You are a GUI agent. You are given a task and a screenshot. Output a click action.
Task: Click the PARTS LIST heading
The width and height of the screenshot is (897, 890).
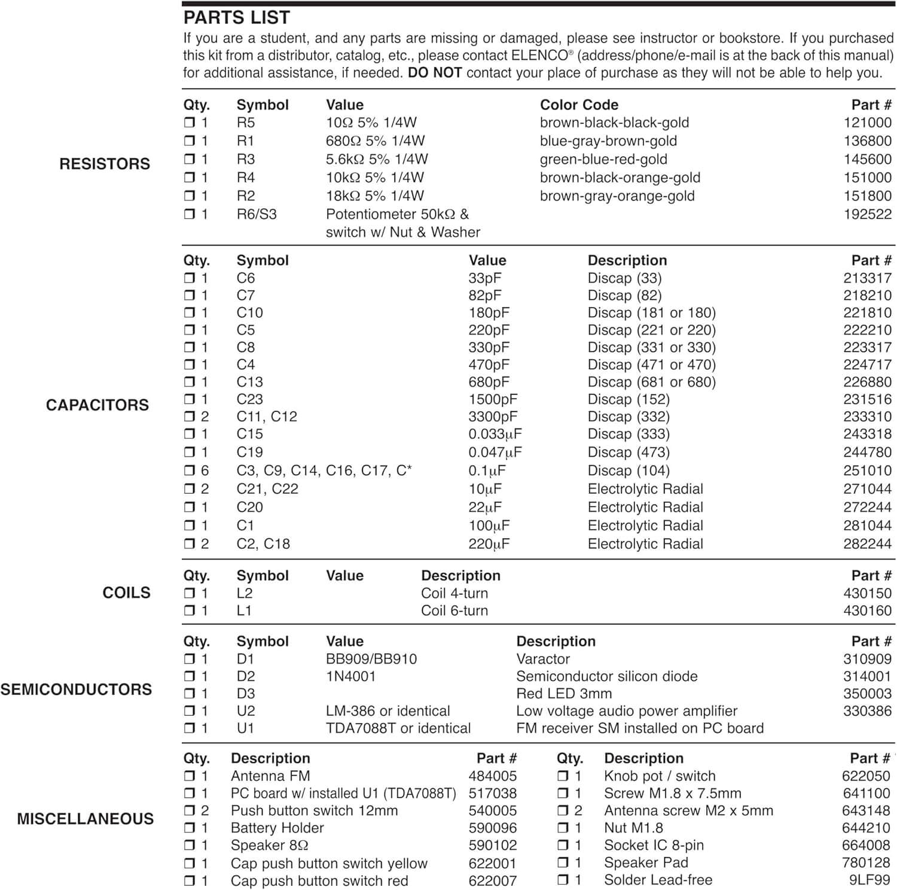coord(236,18)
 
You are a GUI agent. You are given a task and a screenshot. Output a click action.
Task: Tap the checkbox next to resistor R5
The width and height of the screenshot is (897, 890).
coord(190,123)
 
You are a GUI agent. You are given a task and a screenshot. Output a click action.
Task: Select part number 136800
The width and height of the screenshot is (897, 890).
coord(867,141)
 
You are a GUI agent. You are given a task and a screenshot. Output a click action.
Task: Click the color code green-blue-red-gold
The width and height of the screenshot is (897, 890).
coord(603,159)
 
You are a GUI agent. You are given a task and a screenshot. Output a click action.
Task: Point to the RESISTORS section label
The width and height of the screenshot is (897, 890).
coord(105,164)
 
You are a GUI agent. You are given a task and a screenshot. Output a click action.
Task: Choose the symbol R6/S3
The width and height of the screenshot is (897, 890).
coord(257,214)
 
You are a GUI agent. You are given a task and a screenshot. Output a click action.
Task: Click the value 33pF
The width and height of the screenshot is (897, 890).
coord(485,278)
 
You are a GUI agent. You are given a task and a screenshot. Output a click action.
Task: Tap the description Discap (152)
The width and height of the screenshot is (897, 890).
coord(628,399)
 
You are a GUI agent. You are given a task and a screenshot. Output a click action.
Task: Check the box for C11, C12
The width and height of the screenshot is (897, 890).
coord(190,417)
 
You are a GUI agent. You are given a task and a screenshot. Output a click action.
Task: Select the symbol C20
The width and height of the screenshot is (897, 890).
coord(249,508)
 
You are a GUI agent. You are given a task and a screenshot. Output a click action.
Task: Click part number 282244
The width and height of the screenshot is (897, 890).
coord(867,544)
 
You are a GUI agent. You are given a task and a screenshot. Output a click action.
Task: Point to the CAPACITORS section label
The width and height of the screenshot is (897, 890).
coord(97,405)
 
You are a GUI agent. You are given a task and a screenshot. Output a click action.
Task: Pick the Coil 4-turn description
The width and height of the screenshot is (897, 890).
coord(454,593)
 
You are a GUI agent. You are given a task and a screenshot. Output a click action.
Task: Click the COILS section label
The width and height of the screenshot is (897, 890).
coord(126,593)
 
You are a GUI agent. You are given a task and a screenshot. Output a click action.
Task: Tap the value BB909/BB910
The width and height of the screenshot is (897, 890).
coord(371,659)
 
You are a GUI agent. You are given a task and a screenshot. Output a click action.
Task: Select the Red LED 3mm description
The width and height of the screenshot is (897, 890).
coord(564,694)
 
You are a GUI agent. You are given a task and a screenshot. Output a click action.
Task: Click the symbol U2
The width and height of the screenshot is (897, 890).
coord(245,711)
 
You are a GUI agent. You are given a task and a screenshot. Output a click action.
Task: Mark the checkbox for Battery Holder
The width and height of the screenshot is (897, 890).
coord(190,828)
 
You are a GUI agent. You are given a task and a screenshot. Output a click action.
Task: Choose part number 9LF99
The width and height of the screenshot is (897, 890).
coord(869,880)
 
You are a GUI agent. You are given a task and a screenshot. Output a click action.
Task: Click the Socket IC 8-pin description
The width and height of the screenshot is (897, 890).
coord(654,845)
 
